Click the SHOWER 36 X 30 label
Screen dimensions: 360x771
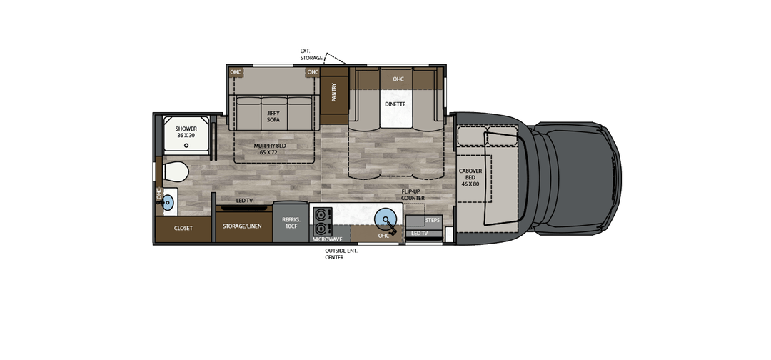pos(186,133)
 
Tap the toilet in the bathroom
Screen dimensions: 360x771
pos(173,172)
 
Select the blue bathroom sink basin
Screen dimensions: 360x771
pos(168,202)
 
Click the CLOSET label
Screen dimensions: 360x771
pos(183,229)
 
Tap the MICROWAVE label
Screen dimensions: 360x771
pos(327,239)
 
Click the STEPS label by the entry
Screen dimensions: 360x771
pos(433,220)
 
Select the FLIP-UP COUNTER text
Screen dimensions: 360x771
pos(413,194)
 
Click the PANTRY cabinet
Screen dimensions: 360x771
pos(334,93)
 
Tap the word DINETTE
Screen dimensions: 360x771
pos(395,104)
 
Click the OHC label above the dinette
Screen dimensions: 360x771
pos(398,79)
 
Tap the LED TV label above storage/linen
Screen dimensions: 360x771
pos(245,201)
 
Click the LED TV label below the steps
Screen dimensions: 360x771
pos(420,234)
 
